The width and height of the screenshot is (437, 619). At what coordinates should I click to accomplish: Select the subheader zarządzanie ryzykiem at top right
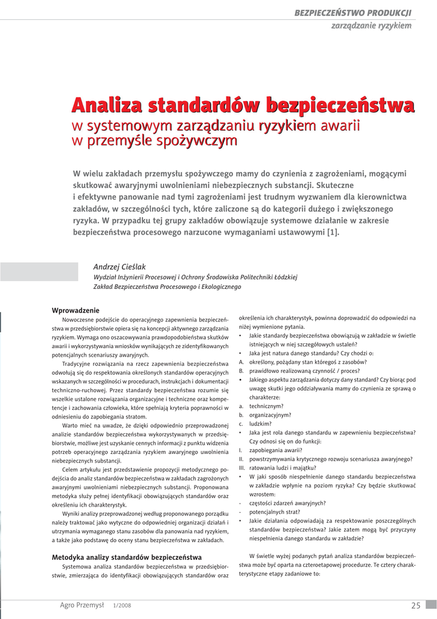371,25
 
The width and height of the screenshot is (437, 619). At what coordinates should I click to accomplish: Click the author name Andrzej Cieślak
120,267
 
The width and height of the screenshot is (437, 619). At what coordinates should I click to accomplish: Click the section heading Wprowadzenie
75,310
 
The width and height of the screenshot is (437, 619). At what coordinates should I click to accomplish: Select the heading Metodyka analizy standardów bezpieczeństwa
127,557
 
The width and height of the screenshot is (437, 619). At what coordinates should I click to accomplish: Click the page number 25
415,605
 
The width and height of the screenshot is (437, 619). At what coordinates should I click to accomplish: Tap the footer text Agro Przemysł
82,604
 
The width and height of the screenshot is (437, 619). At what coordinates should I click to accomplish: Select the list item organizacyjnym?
270,415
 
